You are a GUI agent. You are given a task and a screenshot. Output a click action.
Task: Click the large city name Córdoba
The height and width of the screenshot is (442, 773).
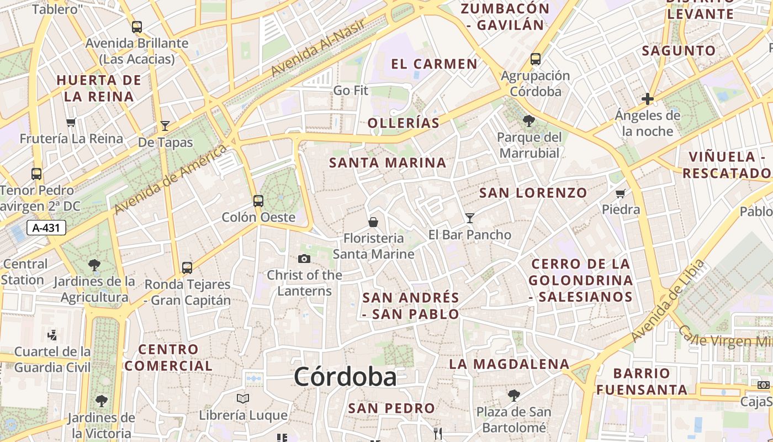click(x=345, y=377)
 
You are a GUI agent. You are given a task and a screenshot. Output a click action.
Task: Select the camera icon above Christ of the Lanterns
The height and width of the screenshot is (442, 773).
click(x=304, y=259)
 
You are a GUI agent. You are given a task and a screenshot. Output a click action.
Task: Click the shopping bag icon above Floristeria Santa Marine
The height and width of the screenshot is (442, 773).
click(x=373, y=222)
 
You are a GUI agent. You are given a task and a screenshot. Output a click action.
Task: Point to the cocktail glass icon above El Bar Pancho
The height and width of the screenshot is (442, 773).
click(x=470, y=218)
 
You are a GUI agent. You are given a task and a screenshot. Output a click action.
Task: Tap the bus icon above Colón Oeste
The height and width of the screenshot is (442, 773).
click(x=258, y=201)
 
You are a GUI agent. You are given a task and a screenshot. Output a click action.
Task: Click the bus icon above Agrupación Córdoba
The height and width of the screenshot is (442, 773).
click(x=535, y=59)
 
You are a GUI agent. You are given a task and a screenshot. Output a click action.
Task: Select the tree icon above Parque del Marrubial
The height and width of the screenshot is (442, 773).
click(x=529, y=120)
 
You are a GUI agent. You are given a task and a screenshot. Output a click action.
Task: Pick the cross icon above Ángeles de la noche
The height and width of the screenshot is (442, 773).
click(x=648, y=99)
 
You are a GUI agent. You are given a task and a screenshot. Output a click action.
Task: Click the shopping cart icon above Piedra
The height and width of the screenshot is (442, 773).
click(x=621, y=193)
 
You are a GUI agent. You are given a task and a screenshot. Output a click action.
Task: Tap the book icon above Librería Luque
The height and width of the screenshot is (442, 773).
click(x=243, y=398)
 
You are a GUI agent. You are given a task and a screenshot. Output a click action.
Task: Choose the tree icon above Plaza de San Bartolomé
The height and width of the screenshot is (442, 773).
click(x=513, y=395)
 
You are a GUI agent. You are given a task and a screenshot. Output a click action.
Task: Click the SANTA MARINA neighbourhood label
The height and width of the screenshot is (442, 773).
click(x=388, y=163)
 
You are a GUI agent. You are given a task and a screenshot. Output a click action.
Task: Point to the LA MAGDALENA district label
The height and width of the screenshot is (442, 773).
click(x=509, y=364)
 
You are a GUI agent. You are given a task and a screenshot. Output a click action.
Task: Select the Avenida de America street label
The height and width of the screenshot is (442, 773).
click(x=170, y=179)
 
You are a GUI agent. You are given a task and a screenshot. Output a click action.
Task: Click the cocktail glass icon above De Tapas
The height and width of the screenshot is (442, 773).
click(x=165, y=126)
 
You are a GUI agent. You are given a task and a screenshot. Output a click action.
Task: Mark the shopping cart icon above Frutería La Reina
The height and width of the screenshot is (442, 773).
click(x=71, y=122)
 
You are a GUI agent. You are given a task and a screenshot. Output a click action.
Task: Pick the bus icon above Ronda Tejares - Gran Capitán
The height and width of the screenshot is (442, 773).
click(x=187, y=268)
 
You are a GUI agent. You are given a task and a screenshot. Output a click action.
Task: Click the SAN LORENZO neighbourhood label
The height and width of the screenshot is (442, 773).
click(x=533, y=193)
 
